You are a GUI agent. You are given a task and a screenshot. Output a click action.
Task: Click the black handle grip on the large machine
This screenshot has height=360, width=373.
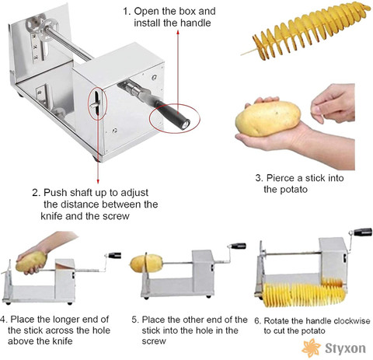coord(173,115)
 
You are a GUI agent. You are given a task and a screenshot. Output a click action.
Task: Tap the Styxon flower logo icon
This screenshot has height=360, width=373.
coord(312,348)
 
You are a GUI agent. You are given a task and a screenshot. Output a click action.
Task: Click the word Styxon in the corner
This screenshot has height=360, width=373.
coord(345,348)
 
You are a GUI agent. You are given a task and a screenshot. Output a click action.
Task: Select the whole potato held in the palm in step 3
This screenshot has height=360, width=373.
coord(268,118)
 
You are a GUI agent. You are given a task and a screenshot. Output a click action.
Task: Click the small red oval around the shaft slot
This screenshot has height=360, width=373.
coord(97,103)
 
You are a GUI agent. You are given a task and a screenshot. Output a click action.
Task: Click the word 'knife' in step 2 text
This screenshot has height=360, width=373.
coord(51,216)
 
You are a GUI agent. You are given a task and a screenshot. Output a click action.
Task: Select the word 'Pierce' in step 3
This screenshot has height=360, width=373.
coord(281,178)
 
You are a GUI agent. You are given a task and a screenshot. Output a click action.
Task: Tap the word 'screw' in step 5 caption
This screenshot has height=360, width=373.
coord(154,341)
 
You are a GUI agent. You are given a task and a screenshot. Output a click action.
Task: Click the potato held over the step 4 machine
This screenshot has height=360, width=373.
coord(31,261)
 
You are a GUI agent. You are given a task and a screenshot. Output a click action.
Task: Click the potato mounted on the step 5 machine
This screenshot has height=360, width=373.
coord(146,264)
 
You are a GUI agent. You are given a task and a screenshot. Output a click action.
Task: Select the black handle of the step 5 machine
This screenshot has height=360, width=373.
coord(239,246)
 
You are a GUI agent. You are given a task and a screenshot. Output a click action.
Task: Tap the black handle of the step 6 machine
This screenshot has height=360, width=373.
coord(363,232)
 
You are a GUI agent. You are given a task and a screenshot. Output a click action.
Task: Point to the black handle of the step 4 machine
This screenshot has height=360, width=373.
coord(115,255)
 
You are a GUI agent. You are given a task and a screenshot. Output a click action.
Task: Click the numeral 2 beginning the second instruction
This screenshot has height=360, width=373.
coord(35,193)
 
